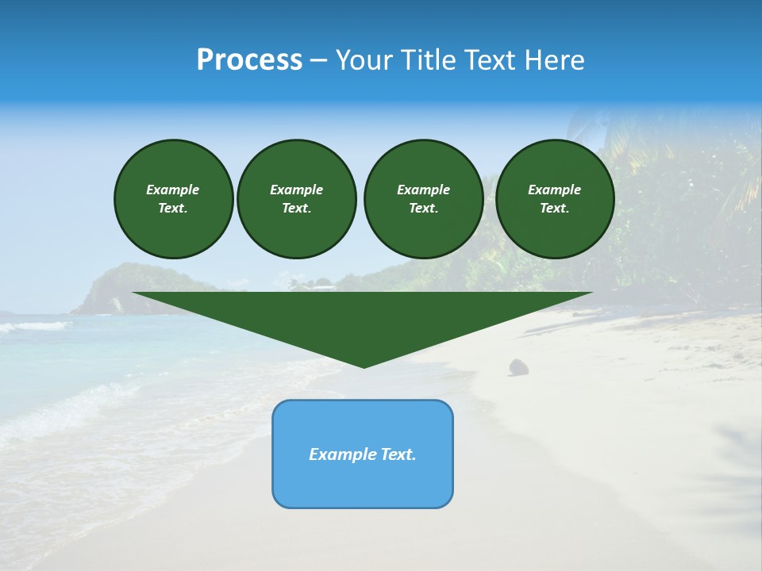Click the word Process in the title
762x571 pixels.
pos(249,60)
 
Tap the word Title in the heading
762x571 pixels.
pos(428,60)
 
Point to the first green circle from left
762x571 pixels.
pos(173,199)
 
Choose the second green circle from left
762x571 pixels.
pos(297,199)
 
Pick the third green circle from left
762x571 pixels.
pos(423,199)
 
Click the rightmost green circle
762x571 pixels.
pos(555,199)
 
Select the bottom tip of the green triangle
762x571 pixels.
pos(364,366)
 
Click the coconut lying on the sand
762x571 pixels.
pos(518,366)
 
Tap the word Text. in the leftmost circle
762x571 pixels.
pos(173,209)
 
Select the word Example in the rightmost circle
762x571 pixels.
pos(555,190)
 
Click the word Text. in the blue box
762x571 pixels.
pos(397,454)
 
